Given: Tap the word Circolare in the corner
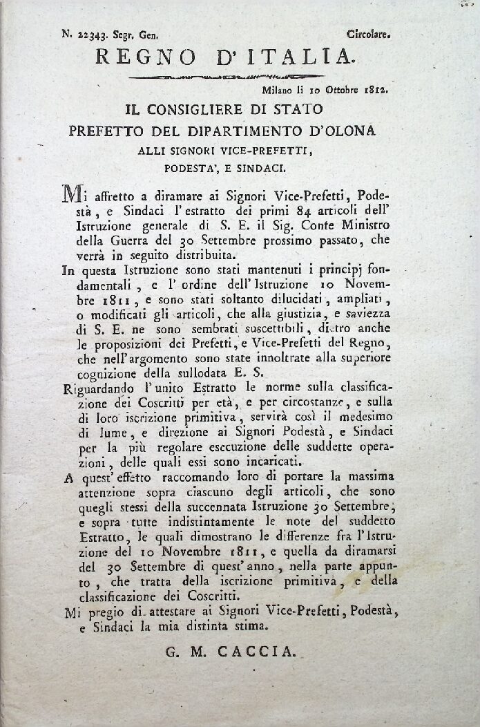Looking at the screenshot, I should (369, 32).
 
